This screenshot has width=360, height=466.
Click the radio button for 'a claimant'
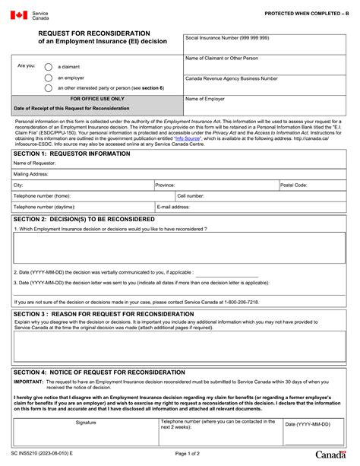[x=49, y=66]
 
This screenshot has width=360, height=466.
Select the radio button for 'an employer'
[x=49, y=77]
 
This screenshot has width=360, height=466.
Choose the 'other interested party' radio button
[x=49, y=87]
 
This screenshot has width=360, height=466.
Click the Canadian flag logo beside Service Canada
[x=19, y=15]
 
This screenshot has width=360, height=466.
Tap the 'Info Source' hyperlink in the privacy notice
[x=187, y=138]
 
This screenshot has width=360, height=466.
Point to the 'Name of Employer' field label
[x=206, y=99]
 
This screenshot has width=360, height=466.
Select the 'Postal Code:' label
[x=294, y=185]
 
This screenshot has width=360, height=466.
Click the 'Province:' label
[x=166, y=185]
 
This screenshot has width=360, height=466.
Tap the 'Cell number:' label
[x=191, y=195]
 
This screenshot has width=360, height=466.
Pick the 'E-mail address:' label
[x=173, y=206]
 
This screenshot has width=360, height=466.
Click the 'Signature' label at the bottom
[x=86, y=422]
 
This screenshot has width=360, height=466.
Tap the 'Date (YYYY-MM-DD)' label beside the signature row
[x=309, y=424]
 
